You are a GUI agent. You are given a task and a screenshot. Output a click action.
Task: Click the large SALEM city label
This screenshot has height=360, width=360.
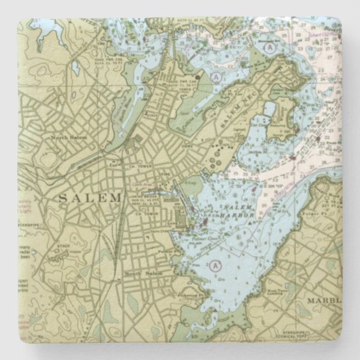[89, 197]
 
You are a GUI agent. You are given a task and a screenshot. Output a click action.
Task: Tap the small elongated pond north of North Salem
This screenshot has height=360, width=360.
[75, 68]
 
